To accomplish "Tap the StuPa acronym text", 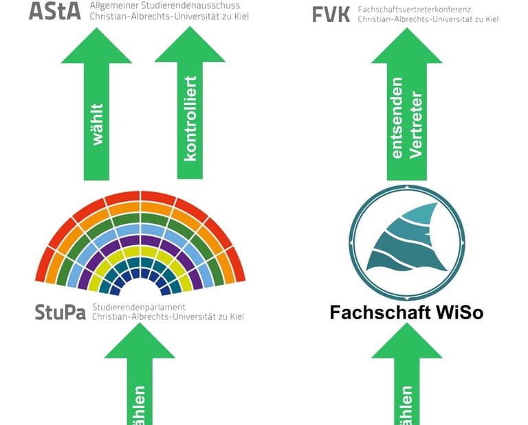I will point(60,312).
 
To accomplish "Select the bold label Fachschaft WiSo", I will point(406,312).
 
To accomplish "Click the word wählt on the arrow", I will point(97,124).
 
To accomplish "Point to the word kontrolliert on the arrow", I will point(190,118).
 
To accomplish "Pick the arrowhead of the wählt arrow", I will point(97,47).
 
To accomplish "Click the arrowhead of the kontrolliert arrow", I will point(190,47).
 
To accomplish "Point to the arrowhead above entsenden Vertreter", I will point(406,47).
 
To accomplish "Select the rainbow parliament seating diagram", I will point(140,240).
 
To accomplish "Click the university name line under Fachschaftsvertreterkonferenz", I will point(428,19).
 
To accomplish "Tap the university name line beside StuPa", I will point(167,317).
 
